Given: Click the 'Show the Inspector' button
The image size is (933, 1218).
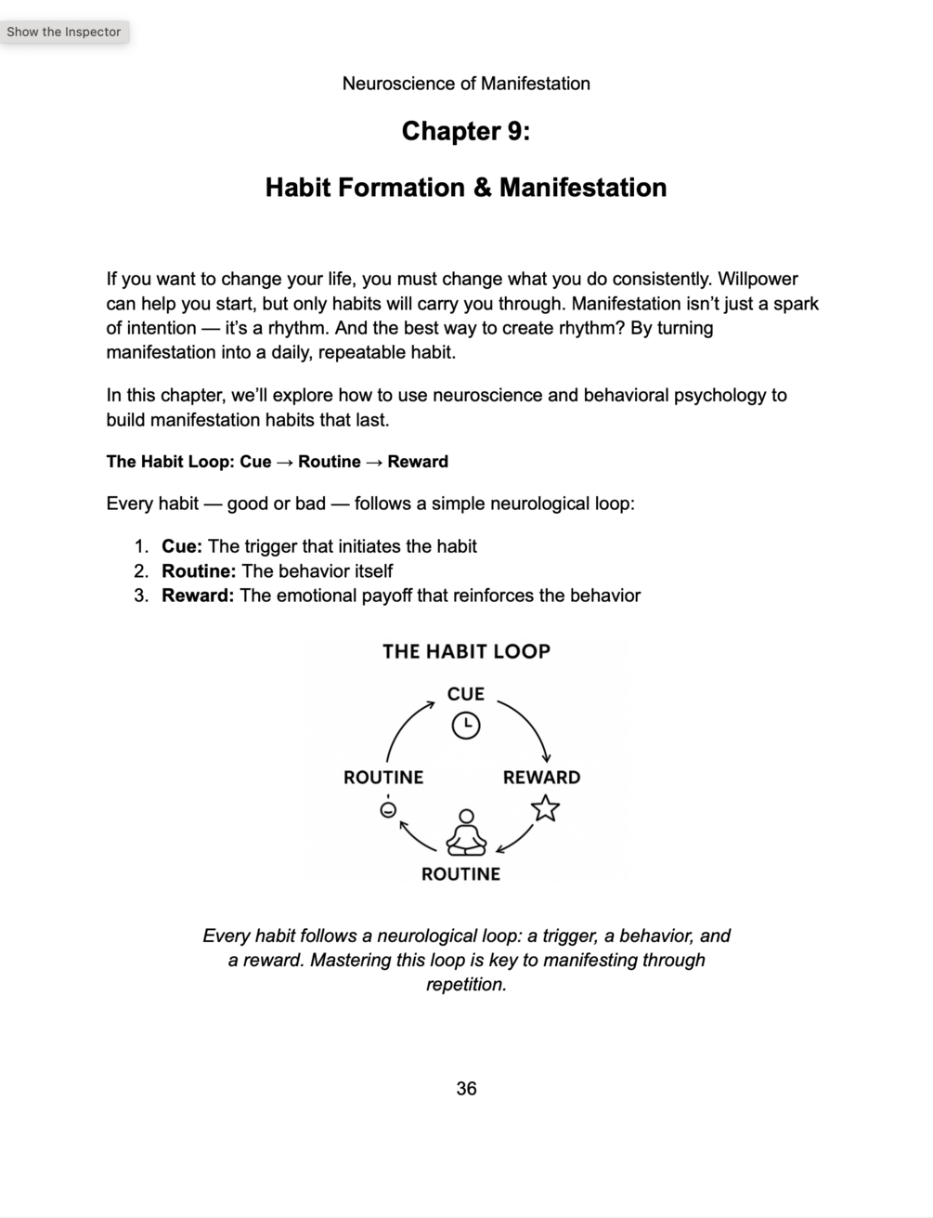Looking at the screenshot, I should tap(63, 32).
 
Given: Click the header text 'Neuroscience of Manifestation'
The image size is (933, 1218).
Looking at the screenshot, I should tap(466, 84).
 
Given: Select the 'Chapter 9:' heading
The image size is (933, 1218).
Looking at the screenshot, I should tap(466, 132).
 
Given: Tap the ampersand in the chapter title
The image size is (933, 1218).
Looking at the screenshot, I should tap(482, 188).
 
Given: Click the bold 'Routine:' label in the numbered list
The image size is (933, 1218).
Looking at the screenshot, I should tap(199, 570).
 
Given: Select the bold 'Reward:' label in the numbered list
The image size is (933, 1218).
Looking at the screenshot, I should tap(198, 596).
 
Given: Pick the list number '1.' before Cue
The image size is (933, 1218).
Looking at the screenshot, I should tap(141, 546).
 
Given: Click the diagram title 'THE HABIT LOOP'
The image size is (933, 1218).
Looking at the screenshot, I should tap(466, 651).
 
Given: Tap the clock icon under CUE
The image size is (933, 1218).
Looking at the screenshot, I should tap(466, 725).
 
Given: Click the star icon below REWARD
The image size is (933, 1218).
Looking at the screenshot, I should tap(546, 808).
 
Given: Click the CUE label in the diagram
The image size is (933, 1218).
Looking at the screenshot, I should tap(466, 694).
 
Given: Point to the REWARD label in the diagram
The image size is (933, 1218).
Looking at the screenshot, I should tap(541, 778).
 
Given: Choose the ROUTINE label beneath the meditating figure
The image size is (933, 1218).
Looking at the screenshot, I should tap(460, 874).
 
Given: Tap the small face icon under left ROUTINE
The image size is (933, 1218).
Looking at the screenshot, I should tap(388, 809).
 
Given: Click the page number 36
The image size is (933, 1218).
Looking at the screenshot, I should tap(466, 1089).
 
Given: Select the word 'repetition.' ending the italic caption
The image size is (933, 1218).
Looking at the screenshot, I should tap(466, 985).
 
